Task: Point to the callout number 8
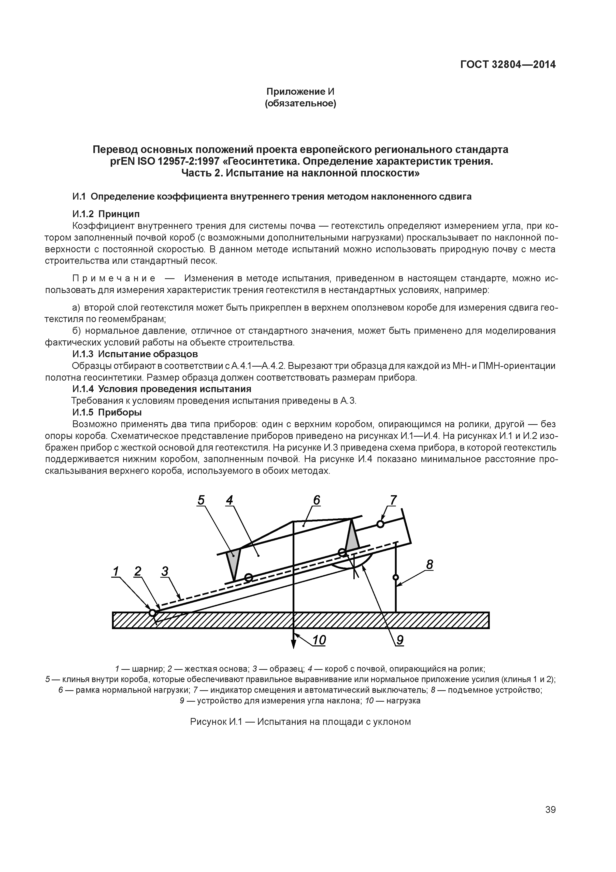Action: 429,565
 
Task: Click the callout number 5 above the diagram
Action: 201,501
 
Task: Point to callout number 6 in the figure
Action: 317,501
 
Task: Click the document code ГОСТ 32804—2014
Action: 508,65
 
